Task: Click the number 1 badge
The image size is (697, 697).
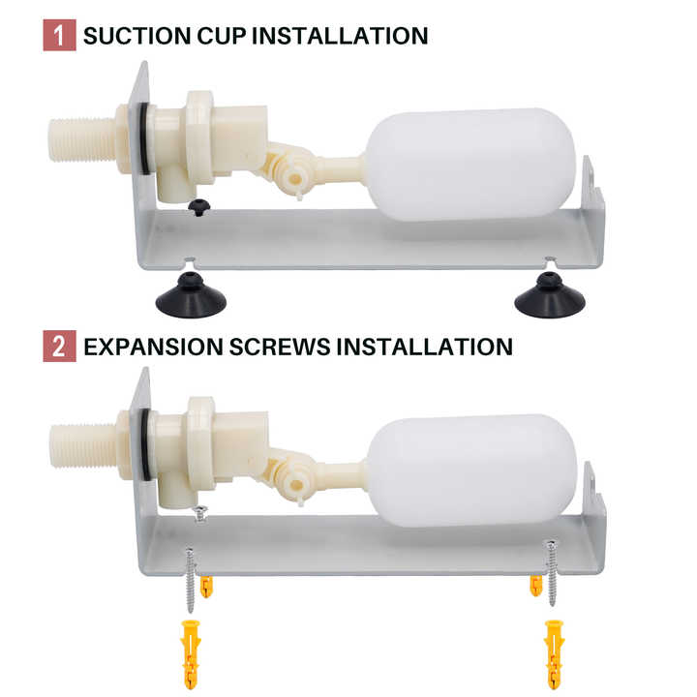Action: click(60, 35)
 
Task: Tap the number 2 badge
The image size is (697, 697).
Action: click(60, 346)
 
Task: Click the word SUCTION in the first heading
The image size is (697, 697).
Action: click(137, 36)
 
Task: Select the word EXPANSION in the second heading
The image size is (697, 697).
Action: click(153, 347)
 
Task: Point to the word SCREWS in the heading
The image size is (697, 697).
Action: click(280, 347)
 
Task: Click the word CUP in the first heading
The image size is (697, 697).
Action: click(222, 36)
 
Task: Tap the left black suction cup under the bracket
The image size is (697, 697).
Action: click(191, 295)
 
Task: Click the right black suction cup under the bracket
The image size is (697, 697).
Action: click(550, 295)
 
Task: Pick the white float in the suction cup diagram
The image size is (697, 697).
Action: click(471, 165)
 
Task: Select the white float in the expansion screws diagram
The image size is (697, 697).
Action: click(471, 471)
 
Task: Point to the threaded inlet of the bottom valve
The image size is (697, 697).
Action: click(83, 446)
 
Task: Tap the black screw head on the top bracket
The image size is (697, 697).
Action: click(198, 207)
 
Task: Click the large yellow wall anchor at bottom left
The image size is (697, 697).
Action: click(191, 653)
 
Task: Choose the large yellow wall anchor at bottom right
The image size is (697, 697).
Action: click(555, 653)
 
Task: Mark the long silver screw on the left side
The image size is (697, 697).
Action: click(191, 580)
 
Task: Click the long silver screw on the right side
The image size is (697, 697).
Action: click(552, 573)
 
